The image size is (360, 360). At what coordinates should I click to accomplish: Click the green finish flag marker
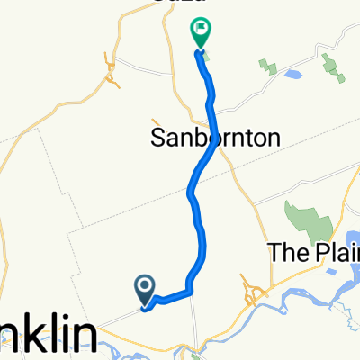[201, 34]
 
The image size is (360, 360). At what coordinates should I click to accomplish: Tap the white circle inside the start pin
[146, 285]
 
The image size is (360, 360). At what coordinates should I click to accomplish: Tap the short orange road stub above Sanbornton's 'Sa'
[155, 121]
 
